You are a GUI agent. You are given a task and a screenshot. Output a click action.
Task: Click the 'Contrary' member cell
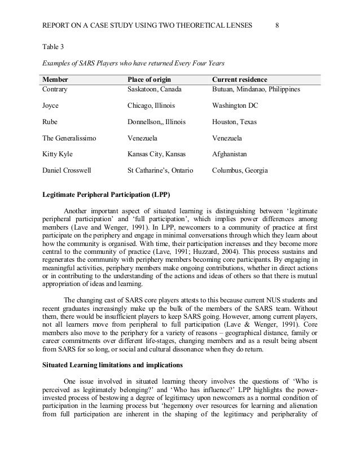[56, 89]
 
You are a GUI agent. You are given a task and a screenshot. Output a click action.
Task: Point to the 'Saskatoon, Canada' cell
[156, 89]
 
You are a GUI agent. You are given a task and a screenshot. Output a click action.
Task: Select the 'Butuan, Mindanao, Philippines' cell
[256, 89]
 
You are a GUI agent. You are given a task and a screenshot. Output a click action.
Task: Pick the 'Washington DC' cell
[235, 105]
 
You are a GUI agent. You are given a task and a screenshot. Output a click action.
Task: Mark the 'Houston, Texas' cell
[234, 121]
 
